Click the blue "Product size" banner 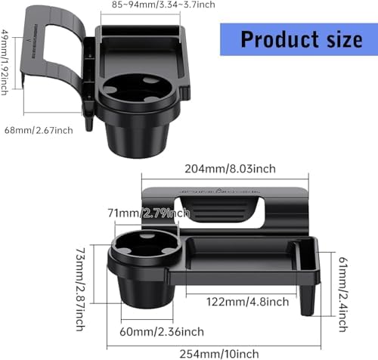click(x=299, y=39)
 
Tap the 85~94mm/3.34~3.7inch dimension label click(x=163, y=5)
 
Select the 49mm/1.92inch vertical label click(x=5, y=62)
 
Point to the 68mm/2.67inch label click(x=39, y=130)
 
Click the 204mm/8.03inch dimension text click(x=230, y=169)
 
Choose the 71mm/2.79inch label click(x=149, y=213)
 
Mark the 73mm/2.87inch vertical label click(x=81, y=290)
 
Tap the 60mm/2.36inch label click(x=162, y=331)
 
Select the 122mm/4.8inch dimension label click(x=247, y=302)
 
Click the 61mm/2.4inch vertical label click(x=343, y=294)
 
